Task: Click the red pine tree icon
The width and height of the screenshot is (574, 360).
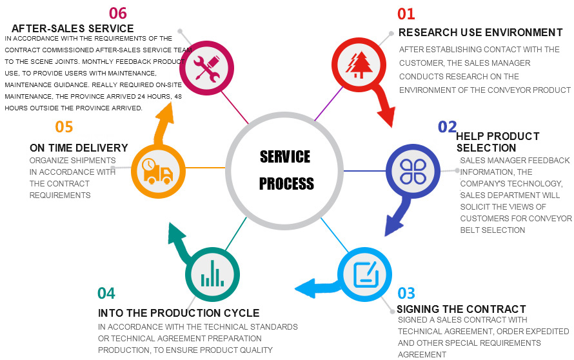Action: (x=359, y=65)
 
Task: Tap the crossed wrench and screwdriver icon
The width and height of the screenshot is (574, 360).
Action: (x=206, y=68)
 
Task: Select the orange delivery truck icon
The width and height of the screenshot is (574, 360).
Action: (x=158, y=171)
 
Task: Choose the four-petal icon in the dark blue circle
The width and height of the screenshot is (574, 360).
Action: (x=413, y=171)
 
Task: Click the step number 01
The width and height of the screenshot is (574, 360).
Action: (x=406, y=14)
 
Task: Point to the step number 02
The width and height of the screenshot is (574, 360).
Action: (x=447, y=126)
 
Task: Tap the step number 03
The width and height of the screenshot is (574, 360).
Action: (x=406, y=293)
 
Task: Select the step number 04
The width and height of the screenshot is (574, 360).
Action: (x=106, y=293)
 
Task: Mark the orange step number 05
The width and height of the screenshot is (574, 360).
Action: (x=64, y=126)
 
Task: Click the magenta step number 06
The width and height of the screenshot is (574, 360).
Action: (x=118, y=13)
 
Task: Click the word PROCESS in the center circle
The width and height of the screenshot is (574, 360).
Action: (x=286, y=183)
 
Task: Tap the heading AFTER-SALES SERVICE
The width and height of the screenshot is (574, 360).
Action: (x=72, y=28)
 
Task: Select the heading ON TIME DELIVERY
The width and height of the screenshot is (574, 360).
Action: (x=79, y=148)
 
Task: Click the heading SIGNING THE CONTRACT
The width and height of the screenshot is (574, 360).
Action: (x=461, y=309)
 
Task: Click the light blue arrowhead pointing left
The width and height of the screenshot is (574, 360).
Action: (x=306, y=288)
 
